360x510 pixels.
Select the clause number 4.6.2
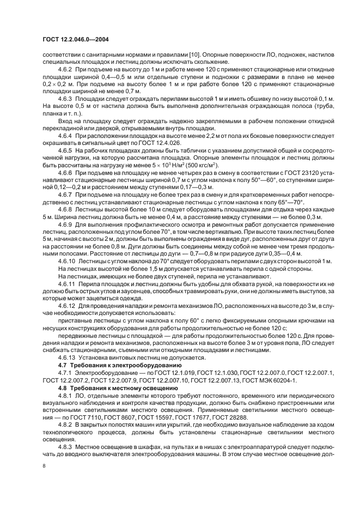[66, 70]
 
